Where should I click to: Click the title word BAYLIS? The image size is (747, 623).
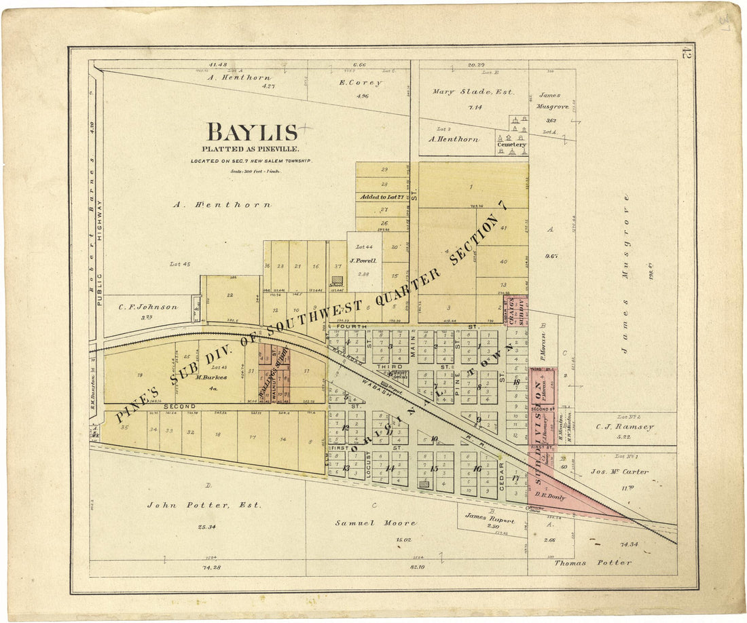[x=252, y=132]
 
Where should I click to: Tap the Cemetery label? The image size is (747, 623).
[x=511, y=145]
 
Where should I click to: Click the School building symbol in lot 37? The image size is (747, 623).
[x=337, y=279]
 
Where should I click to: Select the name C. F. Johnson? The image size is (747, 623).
[x=148, y=307]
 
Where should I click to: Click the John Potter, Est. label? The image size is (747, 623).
[x=191, y=505]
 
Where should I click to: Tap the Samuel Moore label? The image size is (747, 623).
[x=376, y=523]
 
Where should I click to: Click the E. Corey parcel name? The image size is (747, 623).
[x=361, y=83]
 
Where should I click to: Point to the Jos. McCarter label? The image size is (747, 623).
[x=619, y=471]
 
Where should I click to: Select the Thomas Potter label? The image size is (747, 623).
[x=593, y=563]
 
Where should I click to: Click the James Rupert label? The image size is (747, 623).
[x=490, y=517]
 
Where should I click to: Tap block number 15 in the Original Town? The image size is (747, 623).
[x=434, y=469]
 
